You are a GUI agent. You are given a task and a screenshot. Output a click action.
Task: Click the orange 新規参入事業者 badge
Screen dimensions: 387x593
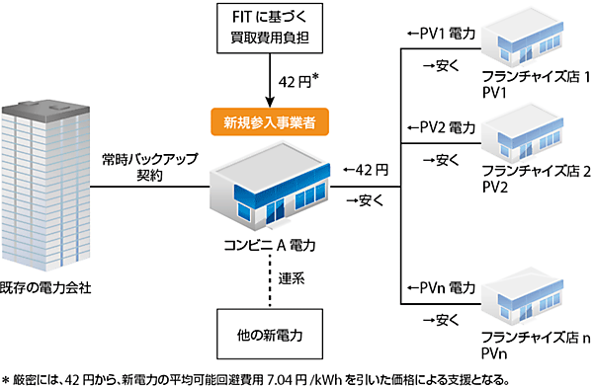(x=268, y=123)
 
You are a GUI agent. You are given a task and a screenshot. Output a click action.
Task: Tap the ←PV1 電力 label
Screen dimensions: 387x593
(x=442, y=35)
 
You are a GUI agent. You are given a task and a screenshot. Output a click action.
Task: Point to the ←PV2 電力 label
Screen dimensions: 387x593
(x=442, y=128)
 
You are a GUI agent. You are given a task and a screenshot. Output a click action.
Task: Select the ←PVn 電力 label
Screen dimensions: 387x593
(x=442, y=288)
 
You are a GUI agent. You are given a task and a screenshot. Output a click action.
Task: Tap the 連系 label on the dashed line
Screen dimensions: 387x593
(x=292, y=277)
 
